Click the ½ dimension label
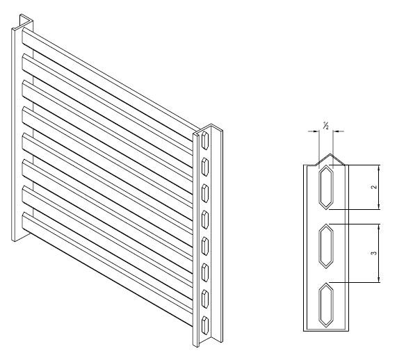[x=325, y=125]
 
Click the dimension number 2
[x=375, y=187]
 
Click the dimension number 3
[x=375, y=253]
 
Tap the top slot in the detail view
[x=326, y=188]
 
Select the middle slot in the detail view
[x=326, y=246]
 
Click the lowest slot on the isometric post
[x=205, y=325]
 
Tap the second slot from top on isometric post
[x=205, y=167]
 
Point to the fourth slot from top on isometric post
[x=205, y=220]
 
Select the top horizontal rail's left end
[x=24, y=36]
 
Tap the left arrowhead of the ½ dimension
[x=316, y=131]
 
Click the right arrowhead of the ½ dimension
[x=336, y=131]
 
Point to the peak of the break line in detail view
[x=330, y=154]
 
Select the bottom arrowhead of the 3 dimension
[x=379, y=279]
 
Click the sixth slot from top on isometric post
[x=205, y=272]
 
